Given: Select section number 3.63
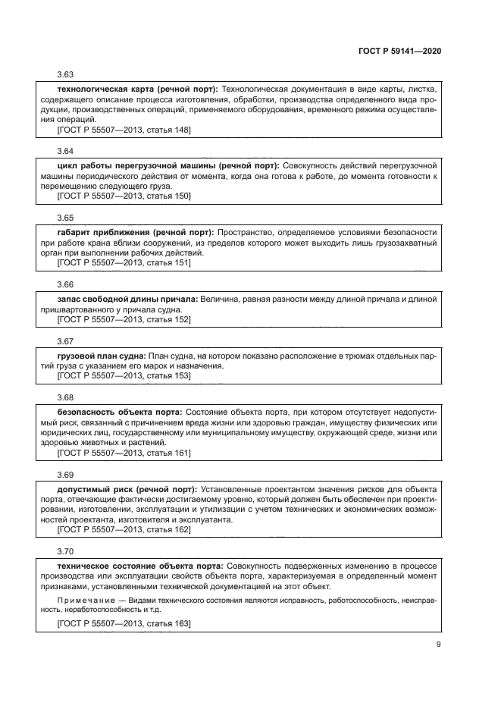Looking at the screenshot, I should (x=65, y=74).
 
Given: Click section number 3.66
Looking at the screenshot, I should (x=65, y=285).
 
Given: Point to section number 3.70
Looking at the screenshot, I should (x=65, y=550).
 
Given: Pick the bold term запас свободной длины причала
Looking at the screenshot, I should (x=127, y=300).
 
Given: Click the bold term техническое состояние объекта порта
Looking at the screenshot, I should (x=140, y=566).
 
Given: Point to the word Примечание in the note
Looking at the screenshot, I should (x=86, y=599).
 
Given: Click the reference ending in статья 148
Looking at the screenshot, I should (x=124, y=130).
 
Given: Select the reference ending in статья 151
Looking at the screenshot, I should (x=124, y=262).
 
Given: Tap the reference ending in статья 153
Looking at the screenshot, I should (x=124, y=375).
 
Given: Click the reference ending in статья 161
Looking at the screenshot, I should (x=124, y=453).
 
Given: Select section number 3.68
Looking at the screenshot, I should (x=65, y=397).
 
